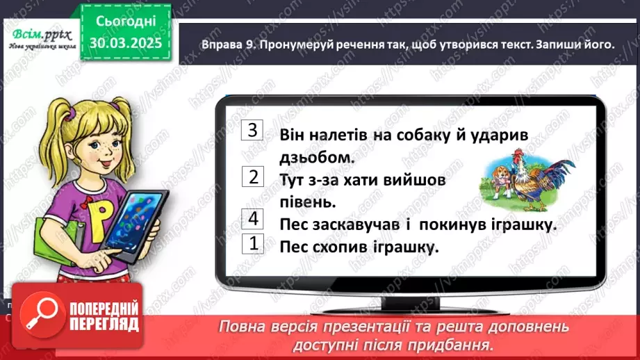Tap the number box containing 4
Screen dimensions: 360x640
tap(253, 219)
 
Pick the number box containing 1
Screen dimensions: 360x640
tap(253, 243)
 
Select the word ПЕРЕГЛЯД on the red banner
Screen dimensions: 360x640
tap(104, 324)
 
